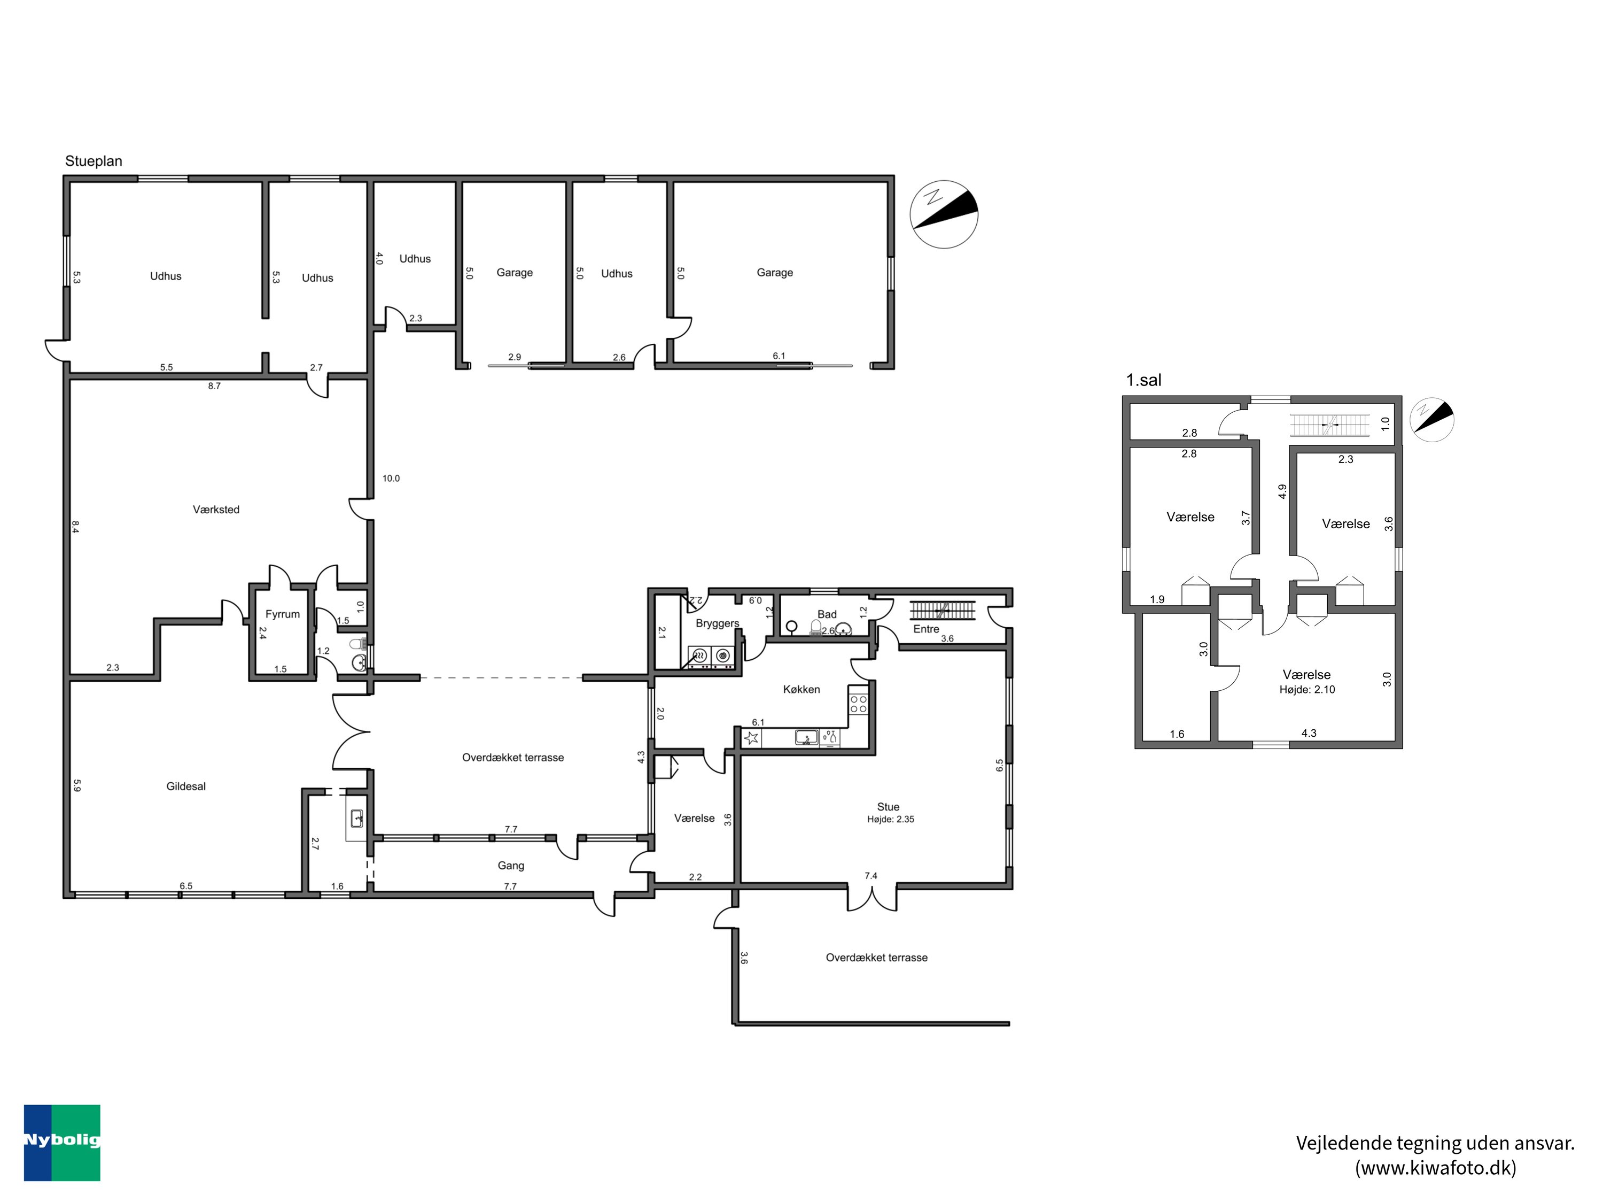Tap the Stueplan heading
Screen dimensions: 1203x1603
tap(94, 161)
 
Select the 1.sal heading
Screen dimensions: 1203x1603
tap(1143, 380)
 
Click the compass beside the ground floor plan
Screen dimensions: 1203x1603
tap(944, 214)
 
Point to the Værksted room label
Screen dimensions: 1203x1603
tap(216, 510)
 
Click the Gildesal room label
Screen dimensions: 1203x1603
tap(186, 786)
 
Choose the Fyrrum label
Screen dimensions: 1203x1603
tap(282, 614)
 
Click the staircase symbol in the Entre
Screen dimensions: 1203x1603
tap(942, 610)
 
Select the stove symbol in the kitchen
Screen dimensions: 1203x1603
tap(859, 704)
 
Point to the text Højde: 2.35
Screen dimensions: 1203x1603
tap(891, 820)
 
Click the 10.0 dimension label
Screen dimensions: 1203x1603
tap(391, 479)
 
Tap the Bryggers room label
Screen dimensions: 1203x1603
tap(718, 623)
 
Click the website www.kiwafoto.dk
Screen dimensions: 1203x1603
tap(1436, 1168)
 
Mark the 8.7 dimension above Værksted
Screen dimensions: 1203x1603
tap(214, 387)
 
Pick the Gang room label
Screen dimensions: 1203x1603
tap(511, 866)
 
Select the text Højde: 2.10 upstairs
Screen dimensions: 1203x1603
tap(1308, 690)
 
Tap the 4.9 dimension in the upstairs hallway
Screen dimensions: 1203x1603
tap(1282, 492)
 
